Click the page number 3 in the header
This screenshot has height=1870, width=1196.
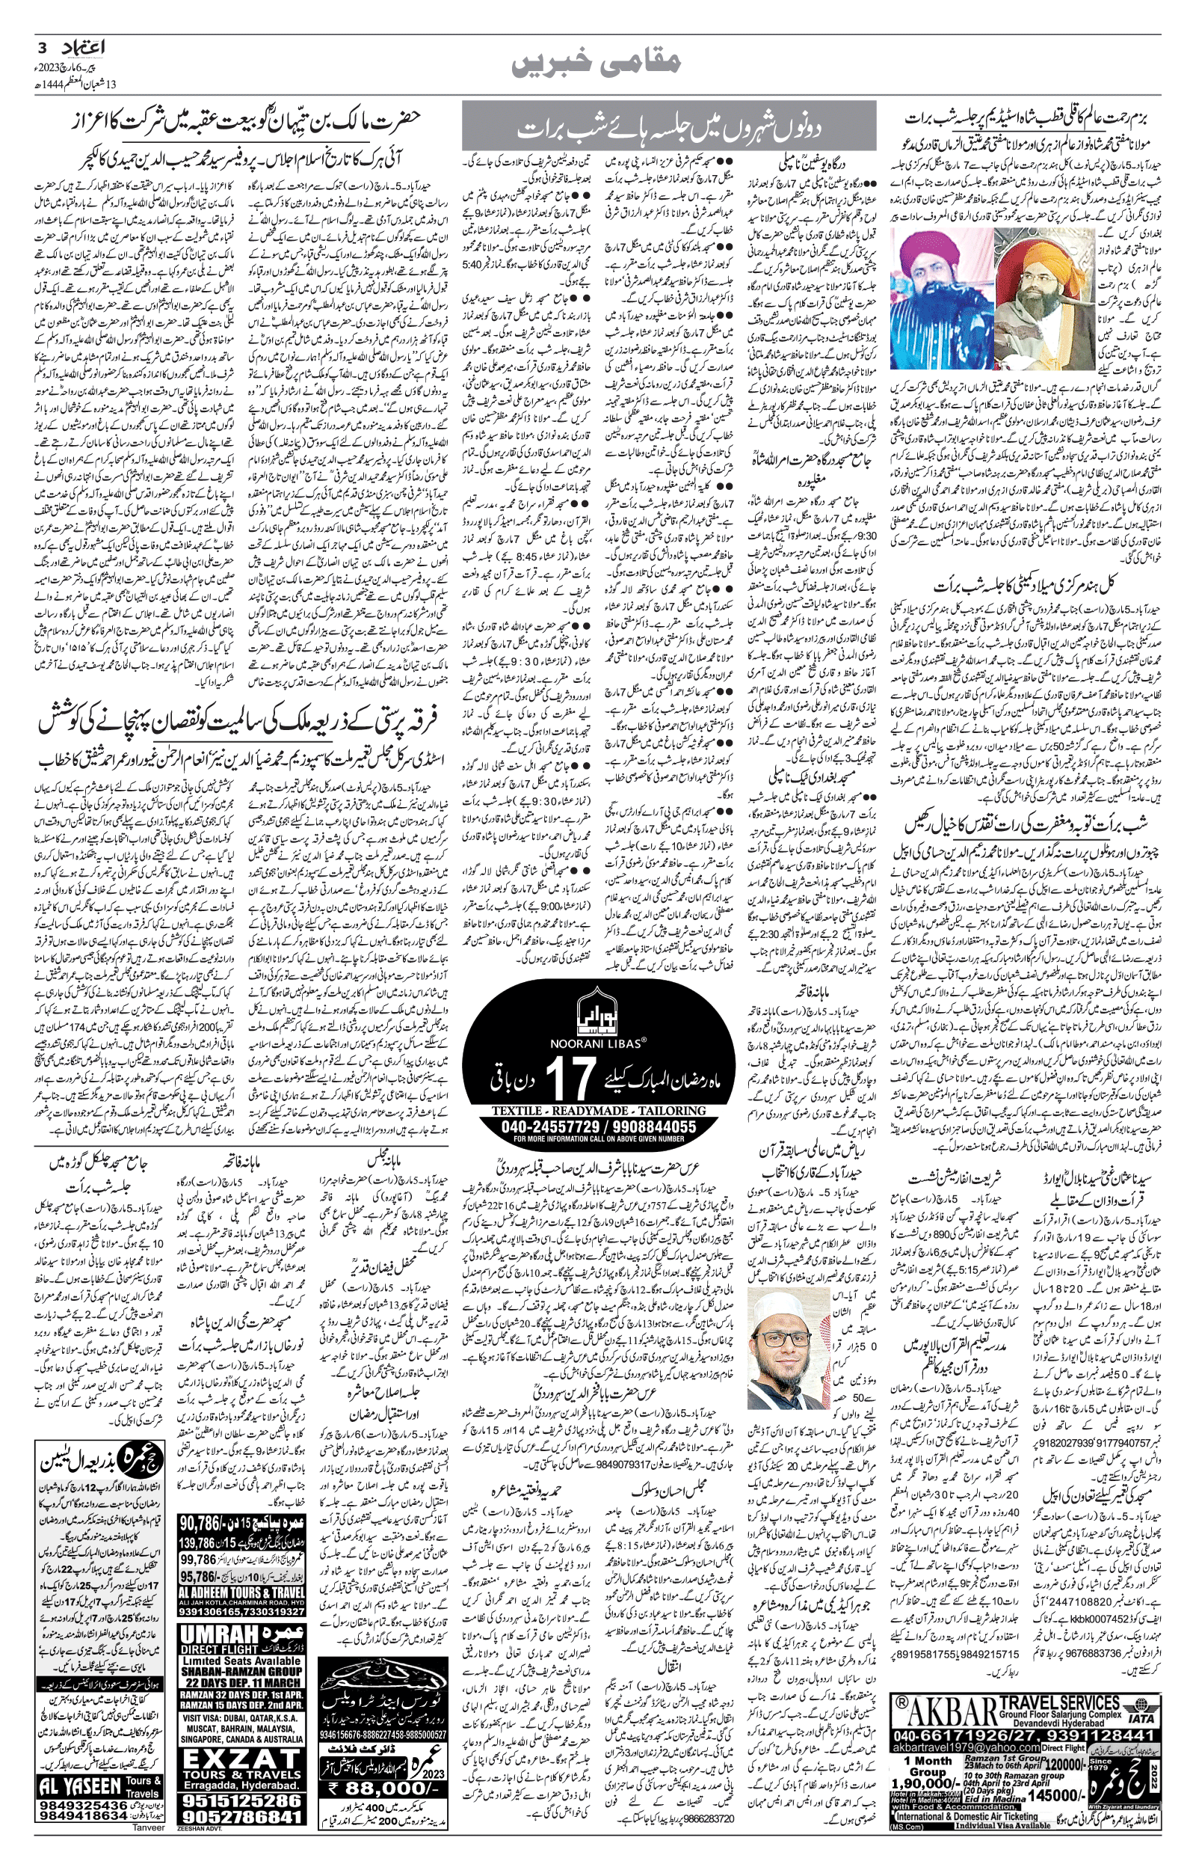(42, 46)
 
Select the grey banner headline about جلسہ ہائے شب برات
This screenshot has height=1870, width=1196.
(668, 126)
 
